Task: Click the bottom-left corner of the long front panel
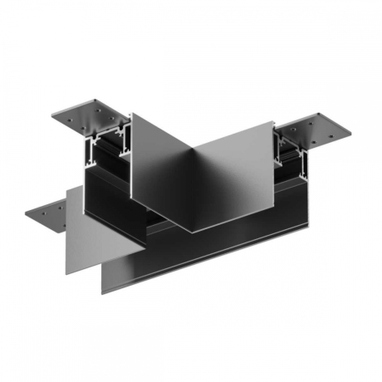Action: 103,292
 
